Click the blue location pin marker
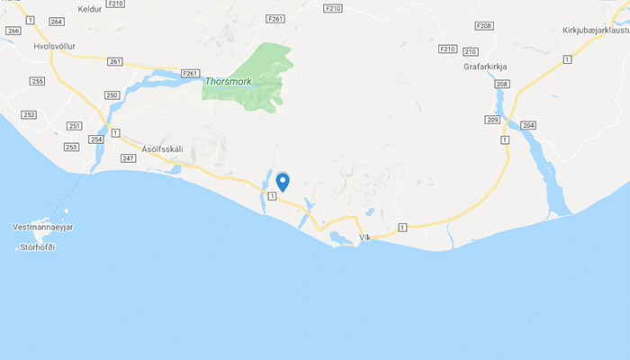click(x=283, y=181)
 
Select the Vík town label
click(x=364, y=238)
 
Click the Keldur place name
click(x=90, y=9)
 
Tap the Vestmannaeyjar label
click(x=42, y=227)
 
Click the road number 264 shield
click(x=58, y=22)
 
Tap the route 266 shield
click(x=13, y=31)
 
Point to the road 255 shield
click(x=37, y=81)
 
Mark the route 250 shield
click(x=112, y=94)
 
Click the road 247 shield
click(x=128, y=157)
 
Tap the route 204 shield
click(x=528, y=124)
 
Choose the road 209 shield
click(x=492, y=120)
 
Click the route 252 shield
click(x=28, y=114)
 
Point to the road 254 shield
click(x=97, y=139)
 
